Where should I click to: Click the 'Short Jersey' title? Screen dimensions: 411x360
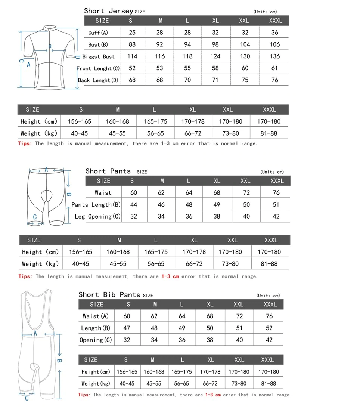click(109, 11)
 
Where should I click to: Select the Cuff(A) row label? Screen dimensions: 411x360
click(98, 33)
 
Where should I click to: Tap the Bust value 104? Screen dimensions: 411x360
click(245, 44)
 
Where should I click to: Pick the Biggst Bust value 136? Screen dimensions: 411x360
click(275, 56)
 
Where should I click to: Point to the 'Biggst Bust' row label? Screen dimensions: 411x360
click(99, 56)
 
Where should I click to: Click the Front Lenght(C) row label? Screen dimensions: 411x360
click(98, 68)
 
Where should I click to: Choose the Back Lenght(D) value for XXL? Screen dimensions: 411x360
click(245, 80)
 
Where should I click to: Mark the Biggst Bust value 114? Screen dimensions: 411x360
click(132, 56)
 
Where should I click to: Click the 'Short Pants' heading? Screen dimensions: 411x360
click(108, 171)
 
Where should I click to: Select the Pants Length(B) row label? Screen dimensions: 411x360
click(96, 205)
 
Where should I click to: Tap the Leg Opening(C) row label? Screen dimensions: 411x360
click(97, 217)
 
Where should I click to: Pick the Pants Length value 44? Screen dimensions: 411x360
click(134, 205)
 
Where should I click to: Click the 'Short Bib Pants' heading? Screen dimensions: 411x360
click(109, 294)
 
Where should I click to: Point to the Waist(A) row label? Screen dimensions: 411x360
click(96, 316)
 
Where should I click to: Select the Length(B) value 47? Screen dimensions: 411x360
click(127, 328)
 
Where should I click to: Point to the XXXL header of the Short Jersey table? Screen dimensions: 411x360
click(276, 21)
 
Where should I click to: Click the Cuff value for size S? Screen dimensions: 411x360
click(132, 33)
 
